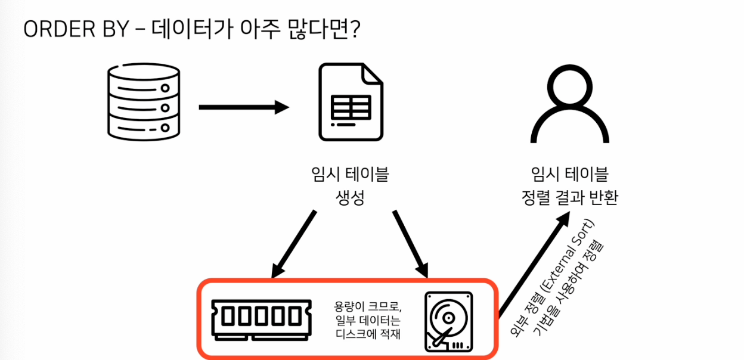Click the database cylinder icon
point(144,100)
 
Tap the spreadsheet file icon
point(351,102)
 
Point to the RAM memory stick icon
point(261,319)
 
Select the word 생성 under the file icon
point(350,198)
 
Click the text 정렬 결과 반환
point(569,198)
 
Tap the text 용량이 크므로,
point(368,307)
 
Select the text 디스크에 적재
point(368,334)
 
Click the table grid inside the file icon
point(351,107)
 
